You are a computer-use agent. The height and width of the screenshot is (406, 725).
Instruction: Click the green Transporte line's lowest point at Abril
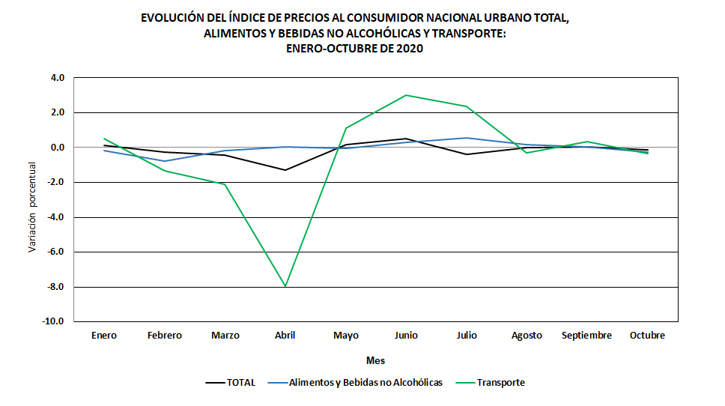coord(285,286)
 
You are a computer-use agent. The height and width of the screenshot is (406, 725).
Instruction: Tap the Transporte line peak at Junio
coord(406,95)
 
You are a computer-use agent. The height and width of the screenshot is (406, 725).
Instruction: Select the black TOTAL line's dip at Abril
coord(285,170)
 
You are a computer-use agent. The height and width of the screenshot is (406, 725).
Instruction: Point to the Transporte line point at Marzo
coord(225,184)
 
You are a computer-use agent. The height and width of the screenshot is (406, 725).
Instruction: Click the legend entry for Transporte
coord(494,382)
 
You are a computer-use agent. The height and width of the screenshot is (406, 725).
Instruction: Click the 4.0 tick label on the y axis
coord(57,78)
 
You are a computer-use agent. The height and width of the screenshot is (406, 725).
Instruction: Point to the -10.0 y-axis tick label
coord(55,322)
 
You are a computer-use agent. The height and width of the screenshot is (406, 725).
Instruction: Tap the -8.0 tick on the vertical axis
coord(56,287)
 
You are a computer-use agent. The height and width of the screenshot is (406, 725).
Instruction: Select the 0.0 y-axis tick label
coord(57,148)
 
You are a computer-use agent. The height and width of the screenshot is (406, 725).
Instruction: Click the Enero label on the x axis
coord(104,336)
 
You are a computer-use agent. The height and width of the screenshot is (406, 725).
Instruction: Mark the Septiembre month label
coord(586,336)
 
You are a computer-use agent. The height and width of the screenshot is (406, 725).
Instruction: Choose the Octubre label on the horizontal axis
coord(647,336)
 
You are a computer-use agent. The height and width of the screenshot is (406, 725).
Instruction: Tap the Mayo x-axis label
coord(345,336)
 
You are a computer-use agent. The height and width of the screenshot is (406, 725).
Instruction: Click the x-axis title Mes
coord(375,360)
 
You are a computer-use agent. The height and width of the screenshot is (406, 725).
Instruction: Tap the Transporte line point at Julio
coord(466,106)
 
